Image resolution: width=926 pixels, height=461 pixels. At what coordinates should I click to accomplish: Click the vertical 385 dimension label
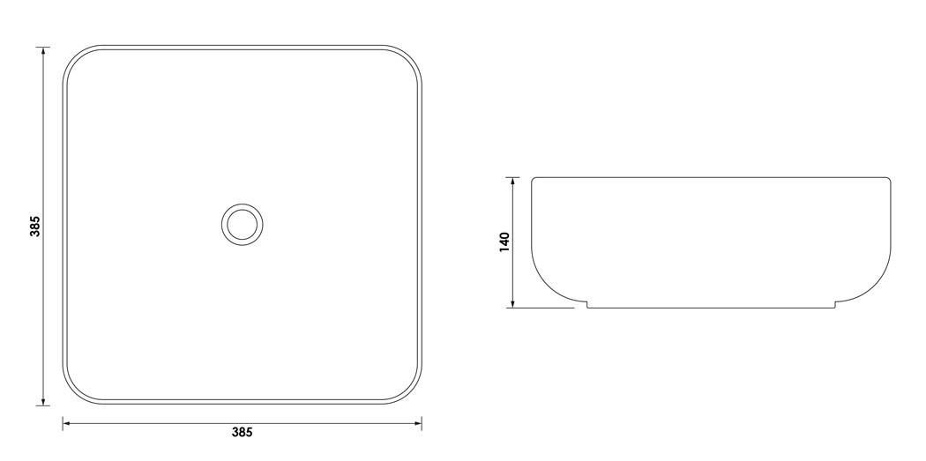point(35,227)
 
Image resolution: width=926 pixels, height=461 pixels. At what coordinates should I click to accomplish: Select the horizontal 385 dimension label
point(243,433)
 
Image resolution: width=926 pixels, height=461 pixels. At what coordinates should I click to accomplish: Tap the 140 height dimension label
point(504,242)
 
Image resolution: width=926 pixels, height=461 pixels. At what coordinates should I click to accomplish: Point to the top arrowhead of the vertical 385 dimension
point(43,51)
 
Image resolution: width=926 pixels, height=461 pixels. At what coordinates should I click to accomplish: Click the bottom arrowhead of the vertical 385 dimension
point(43,401)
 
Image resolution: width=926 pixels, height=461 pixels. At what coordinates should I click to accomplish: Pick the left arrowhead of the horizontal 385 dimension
point(67,423)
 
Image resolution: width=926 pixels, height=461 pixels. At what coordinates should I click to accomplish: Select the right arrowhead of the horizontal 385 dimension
point(416,423)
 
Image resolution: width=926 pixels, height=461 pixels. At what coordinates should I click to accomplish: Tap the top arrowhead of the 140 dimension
point(512,182)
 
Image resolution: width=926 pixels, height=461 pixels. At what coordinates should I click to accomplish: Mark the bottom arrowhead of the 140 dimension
point(512,303)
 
